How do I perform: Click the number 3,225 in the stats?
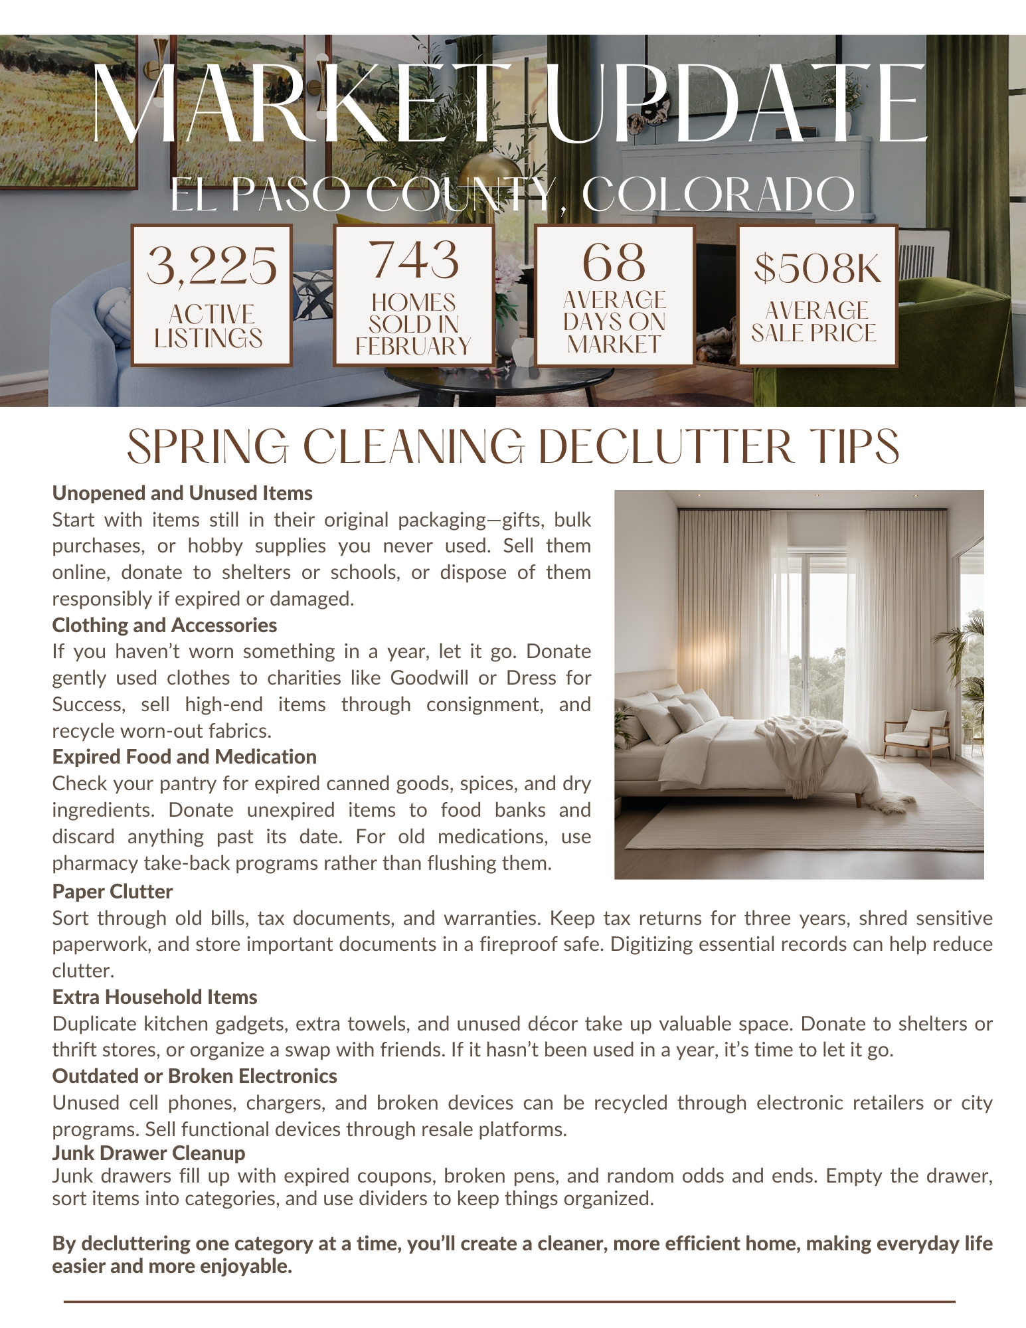point(211,266)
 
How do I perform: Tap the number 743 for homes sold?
point(414,260)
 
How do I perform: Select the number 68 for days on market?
point(614,262)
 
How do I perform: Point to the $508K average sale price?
point(817,268)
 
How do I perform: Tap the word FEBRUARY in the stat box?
point(413,347)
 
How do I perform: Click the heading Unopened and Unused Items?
point(182,493)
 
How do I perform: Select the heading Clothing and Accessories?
point(164,625)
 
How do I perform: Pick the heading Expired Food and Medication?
point(184,757)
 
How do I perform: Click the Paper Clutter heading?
point(112,891)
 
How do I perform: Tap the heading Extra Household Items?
point(154,997)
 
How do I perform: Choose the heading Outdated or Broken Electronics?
point(194,1076)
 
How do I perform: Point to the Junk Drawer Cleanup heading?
point(149,1153)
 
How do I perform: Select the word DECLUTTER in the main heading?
point(665,447)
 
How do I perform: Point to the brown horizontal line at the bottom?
point(509,1301)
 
